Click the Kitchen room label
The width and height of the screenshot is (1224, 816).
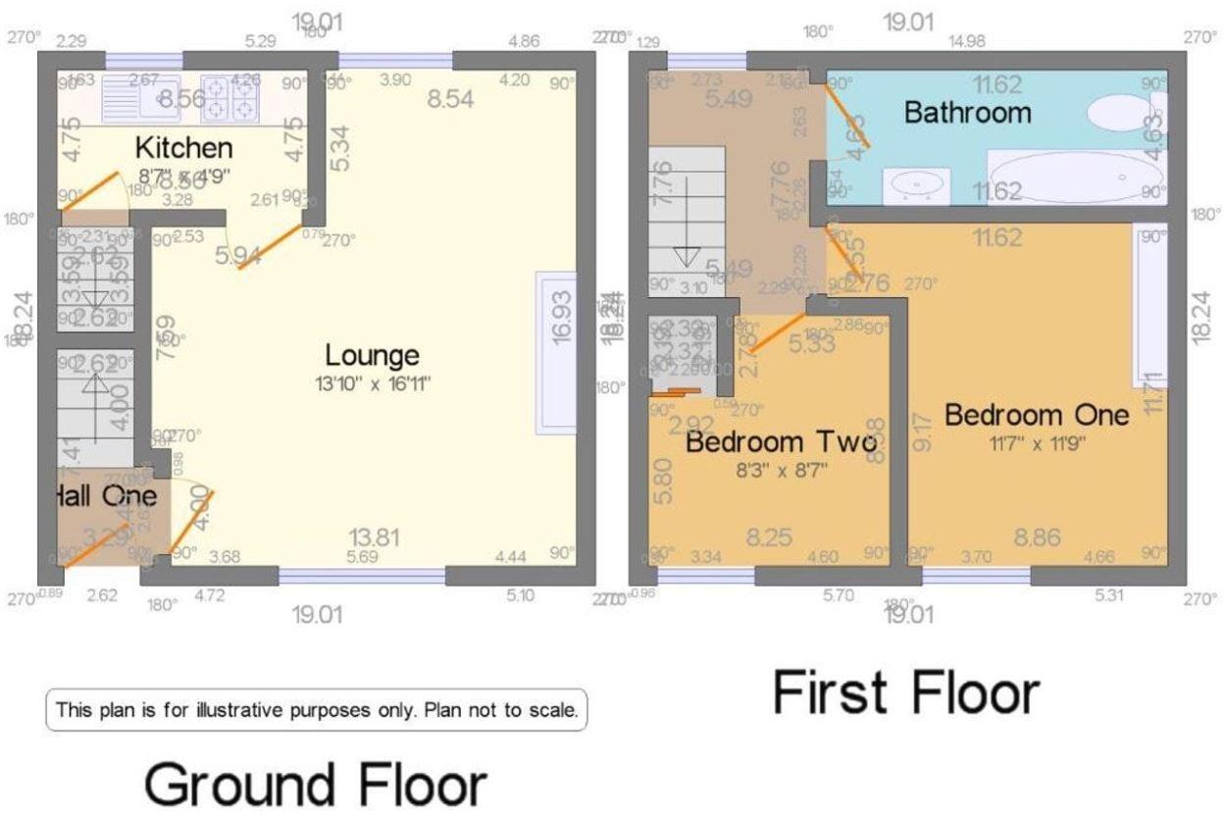[x=183, y=148]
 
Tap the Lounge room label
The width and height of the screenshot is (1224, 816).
[x=372, y=355]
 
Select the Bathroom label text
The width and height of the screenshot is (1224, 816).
[x=967, y=112]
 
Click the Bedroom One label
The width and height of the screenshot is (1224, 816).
[x=1037, y=415]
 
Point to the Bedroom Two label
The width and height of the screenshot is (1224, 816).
[x=780, y=443]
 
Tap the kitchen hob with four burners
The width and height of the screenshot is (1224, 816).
[x=228, y=97]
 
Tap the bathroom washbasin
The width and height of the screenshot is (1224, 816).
[x=916, y=184]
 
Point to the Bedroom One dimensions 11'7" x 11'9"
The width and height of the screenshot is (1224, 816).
[x=1037, y=443]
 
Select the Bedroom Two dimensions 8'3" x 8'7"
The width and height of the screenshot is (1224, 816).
[x=780, y=470]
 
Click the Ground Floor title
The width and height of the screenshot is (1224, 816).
[x=316, y=785]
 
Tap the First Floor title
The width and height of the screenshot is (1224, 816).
[x=905, y=692]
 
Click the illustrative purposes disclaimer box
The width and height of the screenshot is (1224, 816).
[x=316, y=709]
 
